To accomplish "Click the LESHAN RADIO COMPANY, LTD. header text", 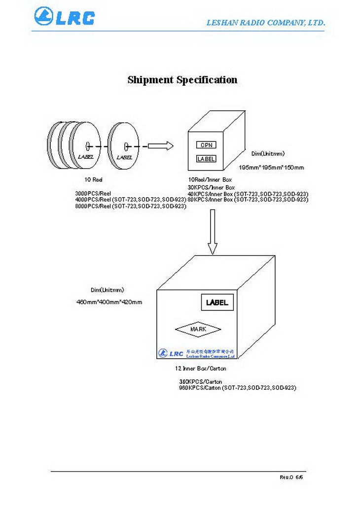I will (x=265, y=23).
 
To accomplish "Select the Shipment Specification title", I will (x=182, y=80).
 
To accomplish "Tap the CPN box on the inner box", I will (x=206, y=145).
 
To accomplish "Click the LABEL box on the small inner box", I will (x=206, y=159).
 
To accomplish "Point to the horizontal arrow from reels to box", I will (x=160, y=146).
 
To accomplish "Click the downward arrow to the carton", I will (x=213, y=232).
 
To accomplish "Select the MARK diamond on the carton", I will (x=198, y=329).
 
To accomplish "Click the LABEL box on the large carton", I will (x=217, y=303).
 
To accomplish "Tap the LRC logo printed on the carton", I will (x=171, y=353).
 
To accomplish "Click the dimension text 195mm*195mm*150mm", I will (x=271, y=168).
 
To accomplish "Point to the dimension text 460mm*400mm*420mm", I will (x=109, y=302).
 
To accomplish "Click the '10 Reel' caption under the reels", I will (x=94, y=180).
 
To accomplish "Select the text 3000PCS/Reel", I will (x=93, y=194).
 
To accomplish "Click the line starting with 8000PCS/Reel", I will (x=131, y=206).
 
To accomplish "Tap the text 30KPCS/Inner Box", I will (x=211, y=187).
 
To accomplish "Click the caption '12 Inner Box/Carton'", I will (x=201, y=368).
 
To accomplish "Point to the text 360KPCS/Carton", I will (x=200, y=382).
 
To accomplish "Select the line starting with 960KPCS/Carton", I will (x=237, y=388).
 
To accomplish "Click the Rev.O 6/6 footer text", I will (x=291, y=477).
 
